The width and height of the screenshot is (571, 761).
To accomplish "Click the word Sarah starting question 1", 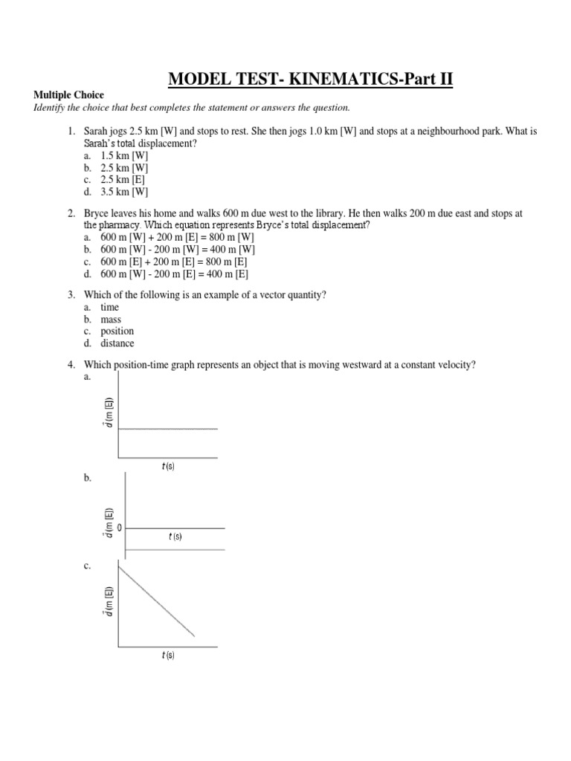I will coord(97,132).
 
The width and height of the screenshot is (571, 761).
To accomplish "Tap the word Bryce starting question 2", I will coord(98,213).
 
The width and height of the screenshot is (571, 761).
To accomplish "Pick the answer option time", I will coord(110,308).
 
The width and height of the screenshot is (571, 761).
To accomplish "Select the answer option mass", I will coord(111,320).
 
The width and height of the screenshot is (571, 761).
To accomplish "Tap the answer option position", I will coord(117,331).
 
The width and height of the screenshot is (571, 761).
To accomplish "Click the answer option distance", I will coord(117,343).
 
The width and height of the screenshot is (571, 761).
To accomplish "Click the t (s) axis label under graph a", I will coord(168,467).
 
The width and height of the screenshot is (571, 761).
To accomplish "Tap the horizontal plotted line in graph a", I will coord(168,429).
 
